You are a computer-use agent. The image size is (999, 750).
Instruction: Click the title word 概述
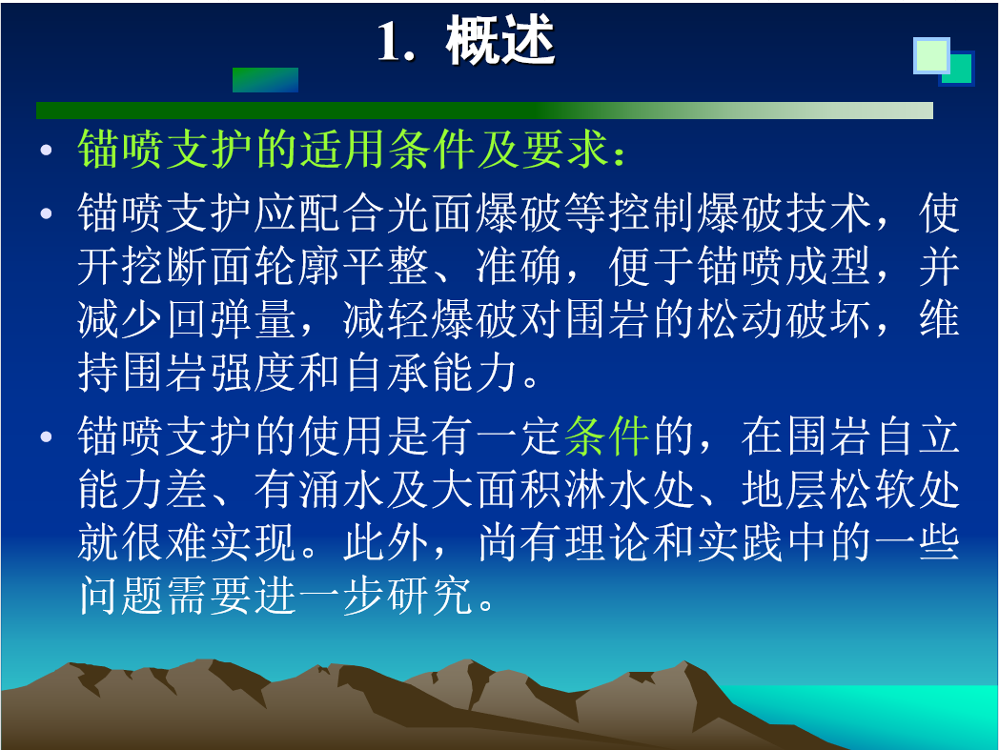[500, 40]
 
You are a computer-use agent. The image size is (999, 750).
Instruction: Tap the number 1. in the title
[396, 42]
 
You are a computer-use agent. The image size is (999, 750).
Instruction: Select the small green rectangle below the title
[265, 80]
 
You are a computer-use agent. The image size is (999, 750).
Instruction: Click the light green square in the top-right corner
[931, 55]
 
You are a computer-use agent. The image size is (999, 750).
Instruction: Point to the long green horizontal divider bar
[484, 111]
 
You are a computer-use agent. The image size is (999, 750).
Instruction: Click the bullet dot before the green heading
[46, 151]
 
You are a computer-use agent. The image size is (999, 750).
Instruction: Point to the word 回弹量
[232, 318]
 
